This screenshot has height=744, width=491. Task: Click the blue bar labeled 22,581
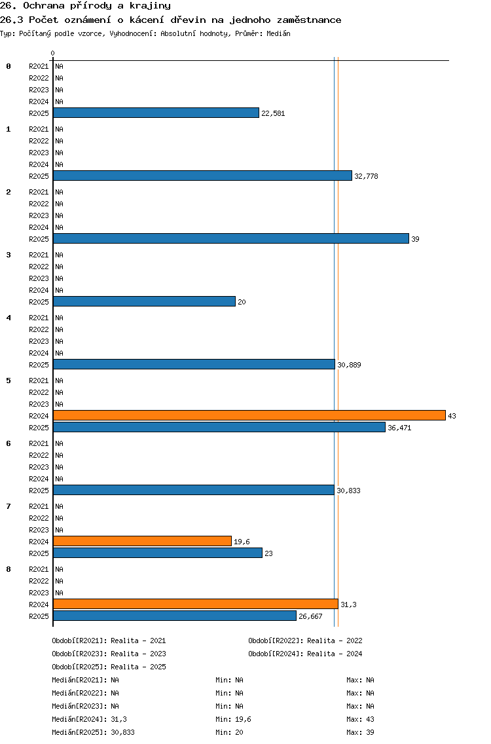point(156,113)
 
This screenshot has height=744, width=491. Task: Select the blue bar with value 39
point(231,238)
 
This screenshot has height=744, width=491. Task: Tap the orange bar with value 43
point(249,416)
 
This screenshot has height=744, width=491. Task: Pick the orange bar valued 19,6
point(142,542)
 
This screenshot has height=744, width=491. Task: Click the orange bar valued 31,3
point(196,604)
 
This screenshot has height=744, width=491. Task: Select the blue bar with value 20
point(144,301)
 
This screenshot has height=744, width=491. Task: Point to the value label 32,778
point(366,176)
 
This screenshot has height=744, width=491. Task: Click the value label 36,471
point(399,428)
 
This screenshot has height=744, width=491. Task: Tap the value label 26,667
point(310,616)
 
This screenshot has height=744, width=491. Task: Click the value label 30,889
point(349,365)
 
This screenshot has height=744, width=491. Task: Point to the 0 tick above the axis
point(52,53)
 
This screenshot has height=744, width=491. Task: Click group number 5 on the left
point(9,381)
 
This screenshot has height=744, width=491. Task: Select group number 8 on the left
point(9,569)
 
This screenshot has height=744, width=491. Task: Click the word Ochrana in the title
point(44,6)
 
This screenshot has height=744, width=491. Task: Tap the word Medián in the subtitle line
point(278,33)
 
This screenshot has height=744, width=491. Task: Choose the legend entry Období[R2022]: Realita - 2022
point(305,641)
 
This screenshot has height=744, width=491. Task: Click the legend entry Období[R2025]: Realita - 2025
point(109,667)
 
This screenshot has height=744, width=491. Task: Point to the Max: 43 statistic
point(360,719)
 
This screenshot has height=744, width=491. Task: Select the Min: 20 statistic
point(229,732)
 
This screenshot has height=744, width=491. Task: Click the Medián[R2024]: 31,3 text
point(89,719)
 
